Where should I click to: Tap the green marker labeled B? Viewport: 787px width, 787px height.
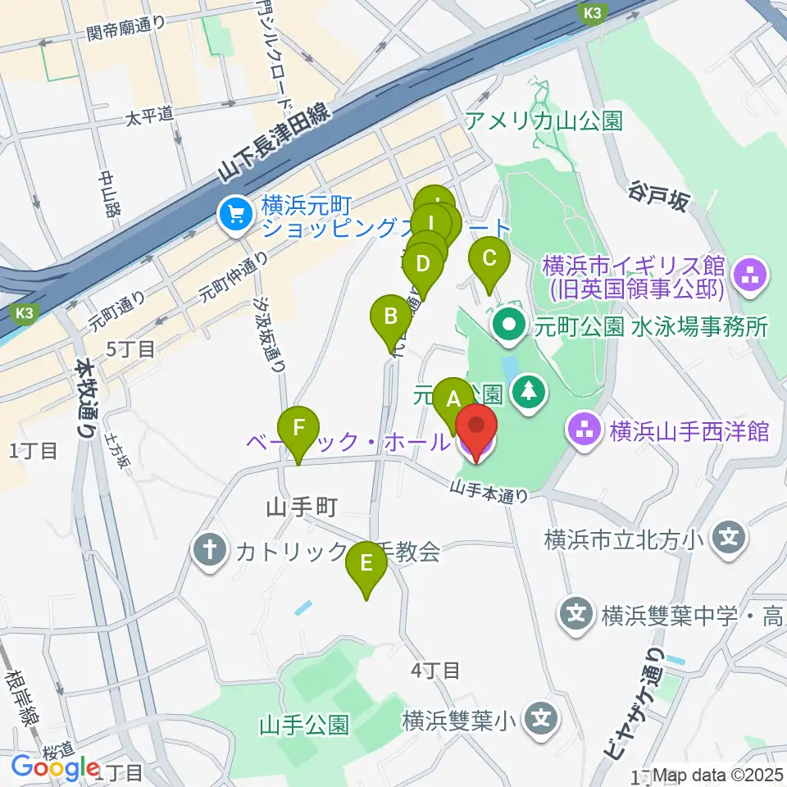[391, 316]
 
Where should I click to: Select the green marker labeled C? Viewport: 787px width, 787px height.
[489, 259]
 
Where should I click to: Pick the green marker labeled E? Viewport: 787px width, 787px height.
[366, 565]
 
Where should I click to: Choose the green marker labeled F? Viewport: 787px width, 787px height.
[298, 428]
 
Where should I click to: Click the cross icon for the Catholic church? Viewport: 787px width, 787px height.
[209, 550]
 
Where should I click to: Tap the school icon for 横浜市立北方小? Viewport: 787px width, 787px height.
[729, 539]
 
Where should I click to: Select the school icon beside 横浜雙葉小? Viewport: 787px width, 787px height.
[541, 721]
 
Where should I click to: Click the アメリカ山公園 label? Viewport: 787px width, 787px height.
[544, 122]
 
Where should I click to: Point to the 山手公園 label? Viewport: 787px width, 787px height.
[304, 725]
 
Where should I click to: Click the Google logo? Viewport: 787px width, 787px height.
[56, 768]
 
